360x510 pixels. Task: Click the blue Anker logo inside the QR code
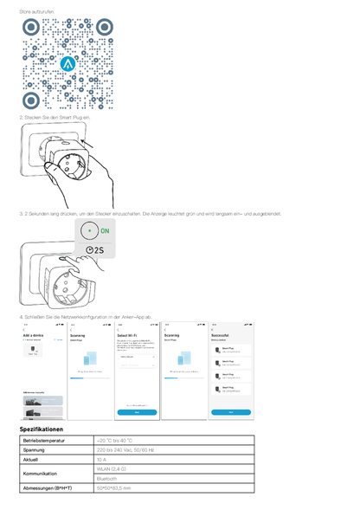70,63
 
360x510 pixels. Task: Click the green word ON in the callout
106,233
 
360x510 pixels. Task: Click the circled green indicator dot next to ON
89,233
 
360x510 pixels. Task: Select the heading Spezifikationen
42,429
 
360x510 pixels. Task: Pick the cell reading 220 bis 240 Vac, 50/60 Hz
125,450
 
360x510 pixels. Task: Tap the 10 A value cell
102,460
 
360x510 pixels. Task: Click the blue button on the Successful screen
231,412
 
